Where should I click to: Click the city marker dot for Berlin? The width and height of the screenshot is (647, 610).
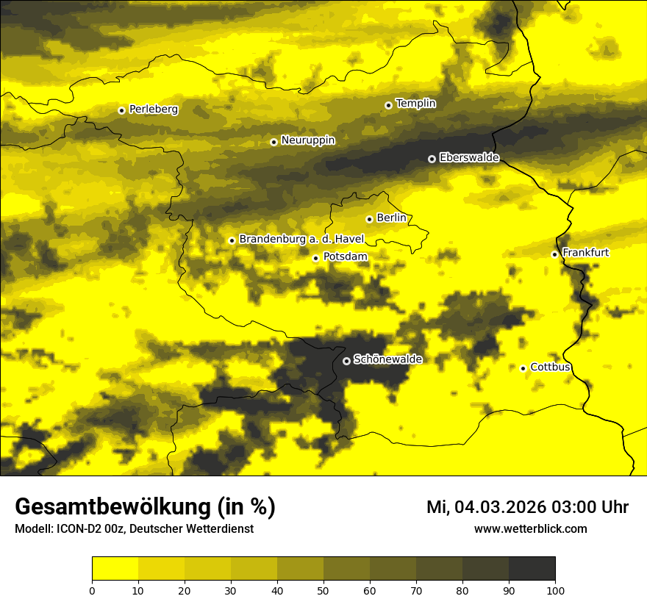[x=369, y=219]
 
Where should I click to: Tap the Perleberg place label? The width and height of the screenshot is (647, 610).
[x=153, y=110]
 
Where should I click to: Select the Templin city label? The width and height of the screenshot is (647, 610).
[x=415, y=104]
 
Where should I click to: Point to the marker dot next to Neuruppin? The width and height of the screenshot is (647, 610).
[x=274, y=142]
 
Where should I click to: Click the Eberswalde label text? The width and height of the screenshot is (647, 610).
[x=469, y=158]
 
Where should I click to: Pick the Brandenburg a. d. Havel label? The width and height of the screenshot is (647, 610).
[x=301, y=240]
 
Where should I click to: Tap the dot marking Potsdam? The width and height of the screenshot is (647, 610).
[x=315, y=258]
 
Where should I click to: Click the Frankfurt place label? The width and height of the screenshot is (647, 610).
[x=585, y=253]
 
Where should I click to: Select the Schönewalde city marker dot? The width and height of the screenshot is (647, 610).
[x=346, y=361]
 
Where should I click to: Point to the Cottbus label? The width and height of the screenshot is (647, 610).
[x=550, y=367]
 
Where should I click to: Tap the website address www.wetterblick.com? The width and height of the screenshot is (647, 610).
[x=530, y=529]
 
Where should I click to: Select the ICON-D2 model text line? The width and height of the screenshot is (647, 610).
[x=134, y=529]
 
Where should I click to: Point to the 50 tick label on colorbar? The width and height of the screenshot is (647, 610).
[x=323, y=590]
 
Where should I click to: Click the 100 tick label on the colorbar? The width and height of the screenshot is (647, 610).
[x=554, y=590]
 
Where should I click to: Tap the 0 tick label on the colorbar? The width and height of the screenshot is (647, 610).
[x=92, y=590]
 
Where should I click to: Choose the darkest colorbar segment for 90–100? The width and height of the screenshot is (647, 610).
[x=532, y=569]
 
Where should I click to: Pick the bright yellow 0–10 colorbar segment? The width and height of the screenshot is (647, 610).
[x=115, y=569]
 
